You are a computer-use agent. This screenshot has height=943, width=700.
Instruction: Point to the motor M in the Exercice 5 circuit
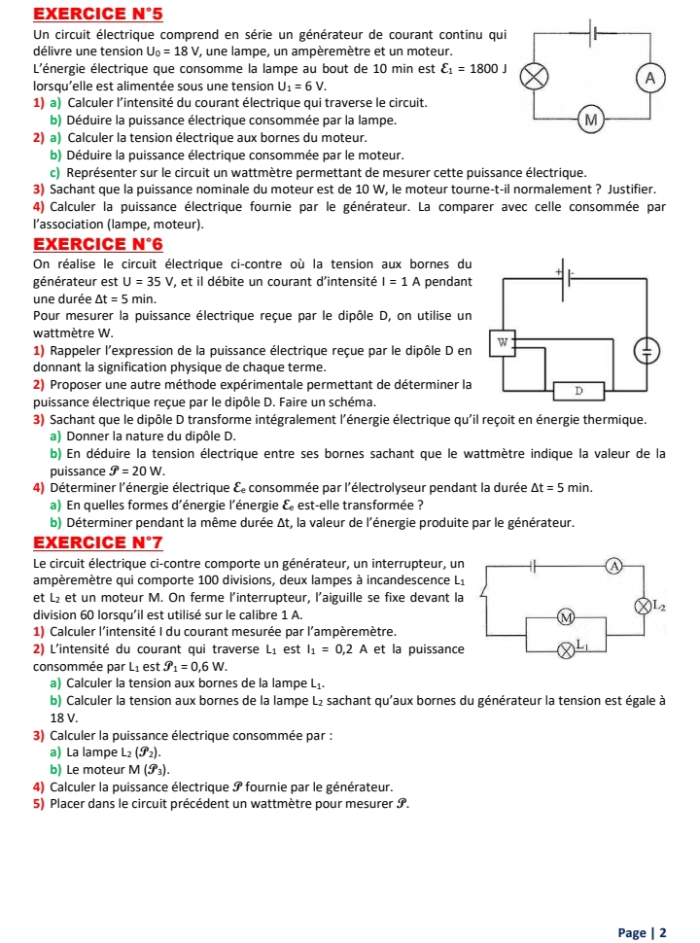588,120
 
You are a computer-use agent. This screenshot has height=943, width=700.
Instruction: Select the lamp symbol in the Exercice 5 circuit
532,76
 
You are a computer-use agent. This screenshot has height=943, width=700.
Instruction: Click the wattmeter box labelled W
502,341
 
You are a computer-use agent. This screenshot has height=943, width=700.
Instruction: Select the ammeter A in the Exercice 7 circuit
613,565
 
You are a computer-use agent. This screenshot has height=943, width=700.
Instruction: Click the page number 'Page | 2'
642,932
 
